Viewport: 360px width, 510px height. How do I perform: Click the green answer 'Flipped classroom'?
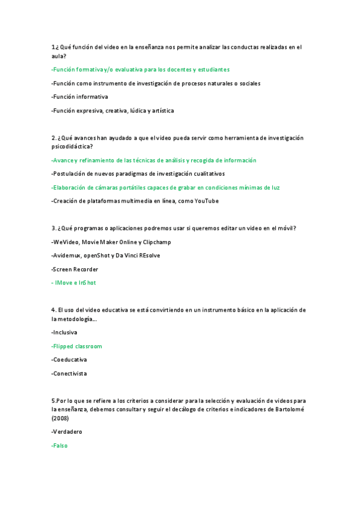point(78,346)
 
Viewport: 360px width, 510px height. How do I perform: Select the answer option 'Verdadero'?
point(67,432)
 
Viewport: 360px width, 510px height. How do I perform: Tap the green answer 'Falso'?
point(60,446)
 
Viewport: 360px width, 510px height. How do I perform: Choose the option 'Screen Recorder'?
point(75,269)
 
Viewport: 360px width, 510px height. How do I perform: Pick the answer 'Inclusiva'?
point(65,333)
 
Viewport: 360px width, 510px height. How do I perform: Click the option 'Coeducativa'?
point(70,360)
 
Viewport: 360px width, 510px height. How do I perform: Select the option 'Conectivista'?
point(70,373)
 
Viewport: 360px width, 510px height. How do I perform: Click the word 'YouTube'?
point(206,201)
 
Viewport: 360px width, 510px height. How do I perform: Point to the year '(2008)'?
point(61,417)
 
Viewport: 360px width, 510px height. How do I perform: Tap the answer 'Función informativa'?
point(80,97)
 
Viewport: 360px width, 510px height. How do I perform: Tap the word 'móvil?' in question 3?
point(285,228)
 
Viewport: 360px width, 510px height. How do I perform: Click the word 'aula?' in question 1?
point(59,56)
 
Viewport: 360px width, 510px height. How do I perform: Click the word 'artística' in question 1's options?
point(161,111)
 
